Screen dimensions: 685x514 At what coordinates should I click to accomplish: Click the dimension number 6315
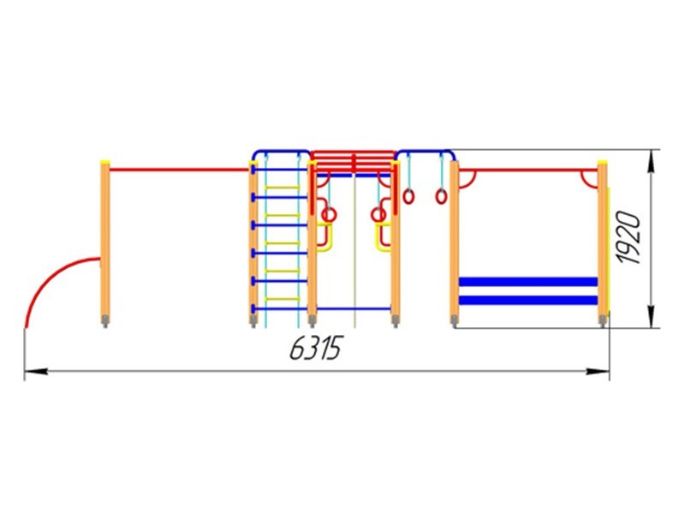(x=316, y=348)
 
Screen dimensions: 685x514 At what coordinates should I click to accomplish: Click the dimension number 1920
(x=629, y=237)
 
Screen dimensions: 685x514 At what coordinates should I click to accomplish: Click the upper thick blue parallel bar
(x=528, y=282)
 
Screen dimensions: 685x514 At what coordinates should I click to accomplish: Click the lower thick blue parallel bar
(x=528, y=301)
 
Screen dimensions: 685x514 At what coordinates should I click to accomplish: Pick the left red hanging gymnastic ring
(x=408, y=196)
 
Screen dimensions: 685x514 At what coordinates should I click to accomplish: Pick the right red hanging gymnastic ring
(x=441, y=196)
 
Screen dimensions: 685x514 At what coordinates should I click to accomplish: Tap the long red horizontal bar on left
(x=179, y=170)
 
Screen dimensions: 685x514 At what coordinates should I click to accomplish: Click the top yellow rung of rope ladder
(x=283, y=188)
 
